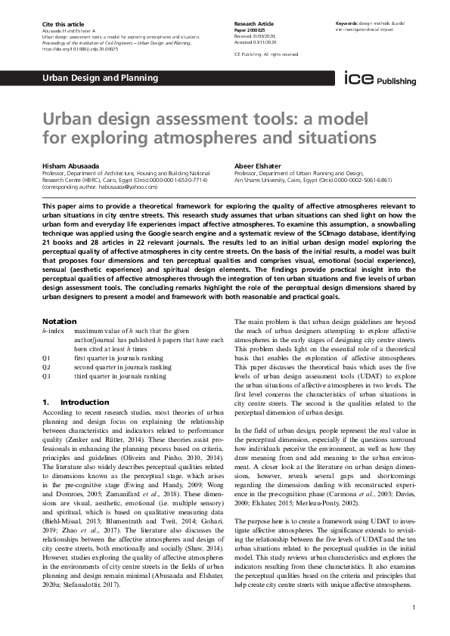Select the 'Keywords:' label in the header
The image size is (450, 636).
(349, 25)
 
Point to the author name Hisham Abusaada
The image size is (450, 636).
(74, 165)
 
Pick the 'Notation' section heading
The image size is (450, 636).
(60, 321)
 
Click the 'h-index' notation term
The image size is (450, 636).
(53, 331)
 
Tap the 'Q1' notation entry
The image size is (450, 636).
(47, 357)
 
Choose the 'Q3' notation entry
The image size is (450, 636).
(47, 375)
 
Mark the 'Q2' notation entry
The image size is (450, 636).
(47, 366)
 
